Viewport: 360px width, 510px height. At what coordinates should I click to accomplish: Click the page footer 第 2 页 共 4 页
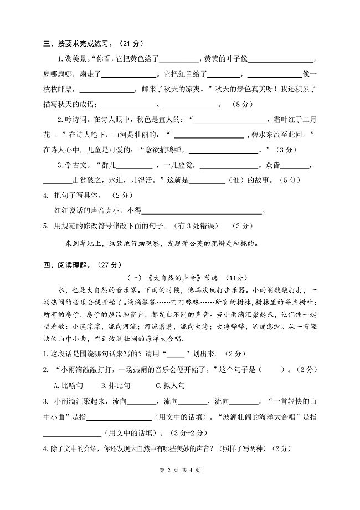(179, 486)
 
